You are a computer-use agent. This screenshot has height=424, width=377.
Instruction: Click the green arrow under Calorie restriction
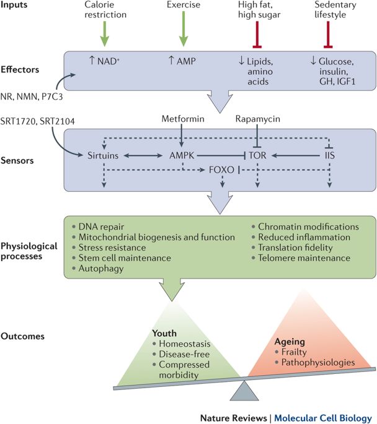105,33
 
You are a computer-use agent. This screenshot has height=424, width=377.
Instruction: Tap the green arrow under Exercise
184,28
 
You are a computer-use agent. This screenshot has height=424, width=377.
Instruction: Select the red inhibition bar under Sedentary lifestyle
328,35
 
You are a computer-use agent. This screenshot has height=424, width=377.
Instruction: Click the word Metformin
183,119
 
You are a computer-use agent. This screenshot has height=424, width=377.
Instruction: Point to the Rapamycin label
257,119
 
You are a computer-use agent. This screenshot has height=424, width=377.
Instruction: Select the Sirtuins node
103,155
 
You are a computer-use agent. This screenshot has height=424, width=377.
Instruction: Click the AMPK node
182,155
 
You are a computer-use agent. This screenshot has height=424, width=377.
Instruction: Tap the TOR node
257,155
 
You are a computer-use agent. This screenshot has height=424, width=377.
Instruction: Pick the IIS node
330,155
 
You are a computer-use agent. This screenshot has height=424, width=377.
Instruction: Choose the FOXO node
221,170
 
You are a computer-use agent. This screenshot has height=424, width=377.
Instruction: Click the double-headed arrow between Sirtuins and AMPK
143,155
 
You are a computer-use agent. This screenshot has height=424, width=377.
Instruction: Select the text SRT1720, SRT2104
37,121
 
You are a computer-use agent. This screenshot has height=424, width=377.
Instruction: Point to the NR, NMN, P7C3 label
32,97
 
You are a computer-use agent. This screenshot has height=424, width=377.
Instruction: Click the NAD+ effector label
104,61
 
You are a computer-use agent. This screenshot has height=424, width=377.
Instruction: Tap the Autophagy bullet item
99,269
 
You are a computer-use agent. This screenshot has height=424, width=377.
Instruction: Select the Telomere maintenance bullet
301,258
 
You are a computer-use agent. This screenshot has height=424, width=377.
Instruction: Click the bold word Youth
164,333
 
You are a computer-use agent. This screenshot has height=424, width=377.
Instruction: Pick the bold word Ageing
290,342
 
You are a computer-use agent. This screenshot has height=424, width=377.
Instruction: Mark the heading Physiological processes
29,251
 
